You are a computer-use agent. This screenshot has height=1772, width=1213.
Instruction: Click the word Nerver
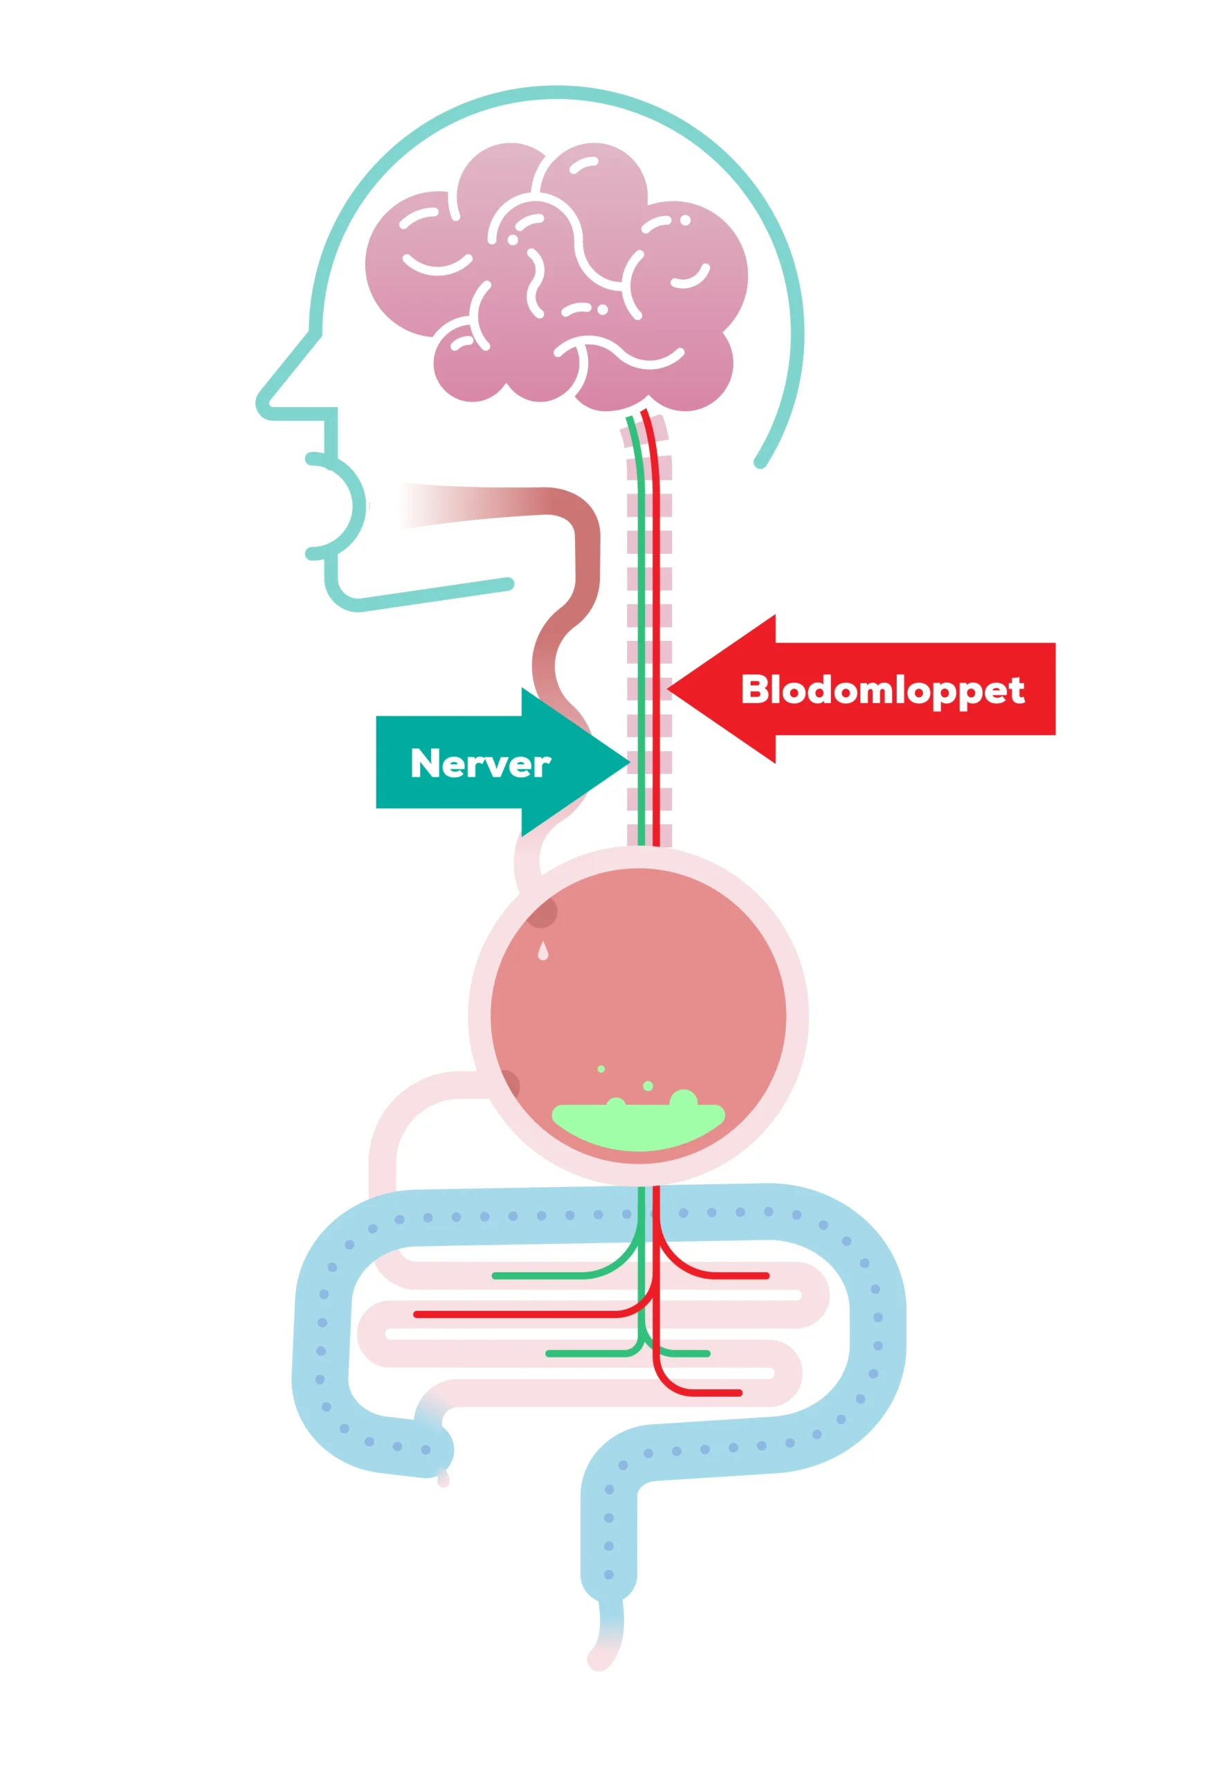point(480,763)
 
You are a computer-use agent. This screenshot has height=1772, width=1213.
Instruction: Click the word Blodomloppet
point(882,691)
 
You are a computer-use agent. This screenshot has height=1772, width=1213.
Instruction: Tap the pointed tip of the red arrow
point(668,689)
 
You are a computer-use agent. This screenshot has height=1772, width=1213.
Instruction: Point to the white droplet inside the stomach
point(542,951)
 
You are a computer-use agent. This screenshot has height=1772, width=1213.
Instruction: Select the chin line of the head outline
point(427,595)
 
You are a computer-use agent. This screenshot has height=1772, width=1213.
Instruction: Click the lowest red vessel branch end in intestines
point(738,1393)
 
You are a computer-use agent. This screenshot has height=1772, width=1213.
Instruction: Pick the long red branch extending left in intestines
point(526,1314)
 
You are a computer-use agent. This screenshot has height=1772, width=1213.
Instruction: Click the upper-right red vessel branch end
point(765,1276)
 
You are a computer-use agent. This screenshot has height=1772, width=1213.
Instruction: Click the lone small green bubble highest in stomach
point(601,1069)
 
